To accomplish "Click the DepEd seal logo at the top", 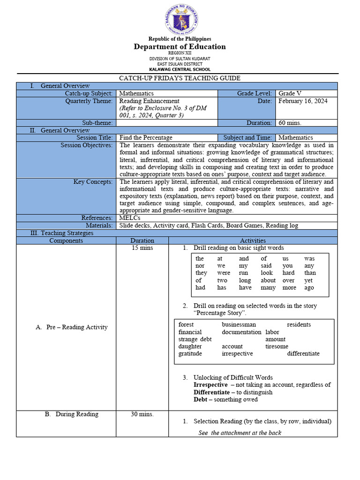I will pos(180,21).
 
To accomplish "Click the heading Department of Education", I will pos(180,46).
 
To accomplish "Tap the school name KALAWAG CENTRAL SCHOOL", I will pos(180,69).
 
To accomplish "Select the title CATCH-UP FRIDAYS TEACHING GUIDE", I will pos(180,78).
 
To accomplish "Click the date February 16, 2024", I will pos(303,101).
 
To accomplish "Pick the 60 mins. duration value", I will pos(290,123).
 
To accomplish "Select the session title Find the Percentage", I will pos(146,137).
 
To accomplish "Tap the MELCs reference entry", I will pos(129,218).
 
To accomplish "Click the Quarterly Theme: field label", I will pos(89,101).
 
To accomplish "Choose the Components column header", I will pos(66,240).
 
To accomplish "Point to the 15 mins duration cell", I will pos(142,248).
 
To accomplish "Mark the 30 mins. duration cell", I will pos(142,414).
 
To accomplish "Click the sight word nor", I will pos(200,266).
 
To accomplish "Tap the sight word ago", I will pos(309,288).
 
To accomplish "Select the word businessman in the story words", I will pos(239,324).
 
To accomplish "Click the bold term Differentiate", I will pos(211,392).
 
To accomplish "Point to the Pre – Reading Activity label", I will pos(71,327).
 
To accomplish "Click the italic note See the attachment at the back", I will pos(240,433).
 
